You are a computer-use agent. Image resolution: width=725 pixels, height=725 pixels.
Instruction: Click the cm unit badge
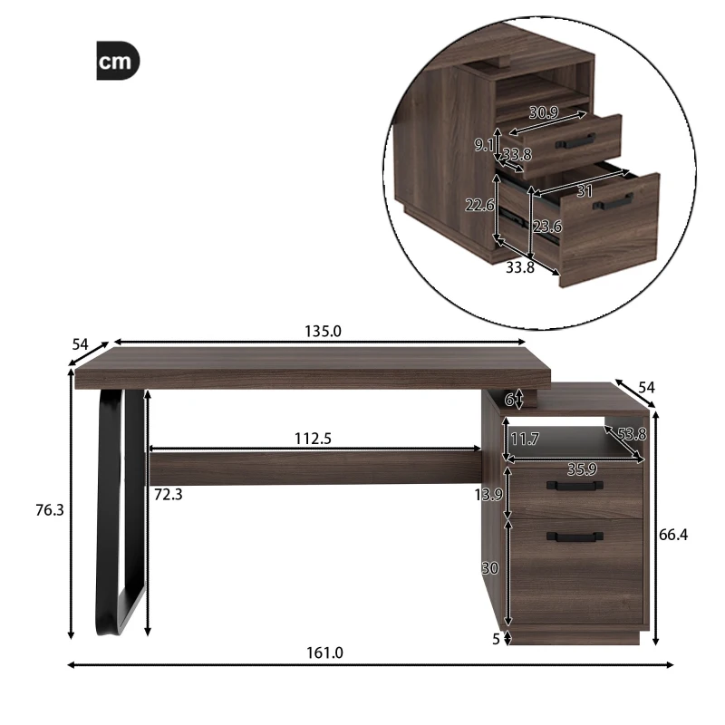[x=118, y=62]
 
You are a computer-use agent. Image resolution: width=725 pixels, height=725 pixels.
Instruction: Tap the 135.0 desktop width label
[x=323, y=332]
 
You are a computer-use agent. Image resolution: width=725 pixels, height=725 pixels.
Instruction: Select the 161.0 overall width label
[x=325, y=652]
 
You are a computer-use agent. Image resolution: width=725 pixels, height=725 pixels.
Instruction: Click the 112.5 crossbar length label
[x=314, y=439]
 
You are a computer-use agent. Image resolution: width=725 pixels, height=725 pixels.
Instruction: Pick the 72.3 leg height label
[x=169, y=495]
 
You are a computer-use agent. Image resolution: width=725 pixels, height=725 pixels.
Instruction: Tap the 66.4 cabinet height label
[x=673, y=535]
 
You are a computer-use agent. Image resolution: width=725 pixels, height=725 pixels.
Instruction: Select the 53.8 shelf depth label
[x=632, y=434]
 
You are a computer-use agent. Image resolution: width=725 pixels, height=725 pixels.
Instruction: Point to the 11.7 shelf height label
[x=525, y=440]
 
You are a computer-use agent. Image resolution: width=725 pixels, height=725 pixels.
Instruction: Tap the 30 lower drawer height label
[x=490, y=568]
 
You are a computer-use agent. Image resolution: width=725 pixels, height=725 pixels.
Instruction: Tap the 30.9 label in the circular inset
[x=543, y=113]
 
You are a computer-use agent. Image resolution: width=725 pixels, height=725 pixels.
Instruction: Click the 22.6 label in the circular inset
[x=479, y=206]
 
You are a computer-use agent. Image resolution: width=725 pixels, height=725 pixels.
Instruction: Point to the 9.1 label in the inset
[x=484, y=145]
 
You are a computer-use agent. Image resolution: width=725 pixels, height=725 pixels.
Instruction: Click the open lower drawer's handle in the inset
[x=613, y=203]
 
